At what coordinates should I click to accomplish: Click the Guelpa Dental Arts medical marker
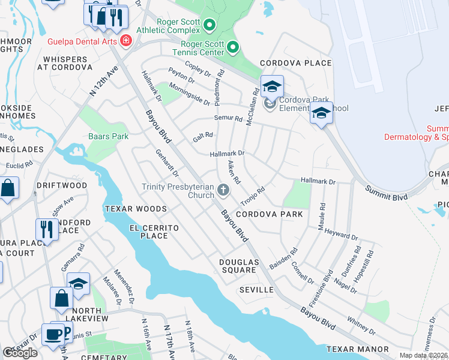coord(126,41)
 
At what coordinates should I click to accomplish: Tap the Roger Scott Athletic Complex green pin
coord(209,25)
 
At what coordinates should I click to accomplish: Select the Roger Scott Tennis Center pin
coord(234,47)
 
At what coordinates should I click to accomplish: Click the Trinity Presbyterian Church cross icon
coord(223,191)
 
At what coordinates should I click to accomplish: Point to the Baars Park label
coord(109,136)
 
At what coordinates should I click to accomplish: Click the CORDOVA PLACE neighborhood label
coord(295,63)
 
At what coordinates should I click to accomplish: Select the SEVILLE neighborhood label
coord(256,290)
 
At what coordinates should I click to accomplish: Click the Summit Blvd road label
coord(386,193)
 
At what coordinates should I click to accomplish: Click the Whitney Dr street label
coord(361,326)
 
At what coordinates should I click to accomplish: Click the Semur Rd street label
coord(229,118)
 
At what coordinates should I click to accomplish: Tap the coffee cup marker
coord(52,334)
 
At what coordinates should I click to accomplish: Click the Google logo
coord(20,353)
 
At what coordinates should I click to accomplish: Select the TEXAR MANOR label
coord(357,349)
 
